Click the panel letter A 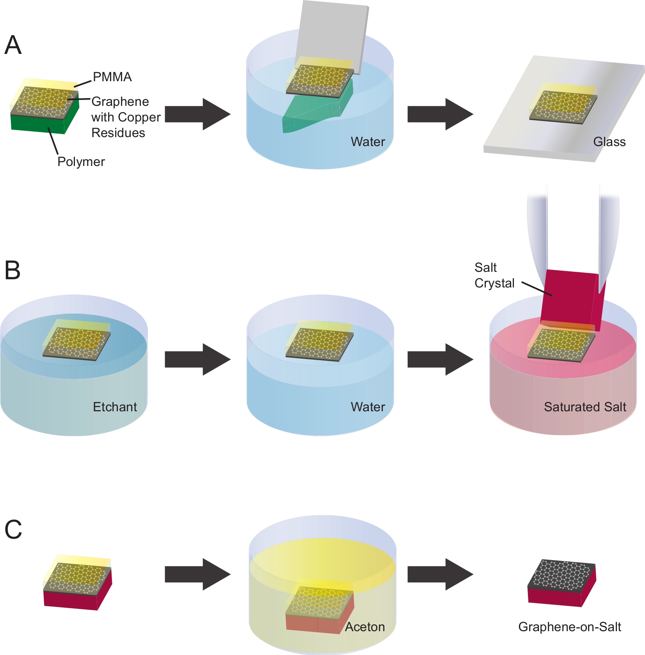pos(13,45)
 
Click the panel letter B pos(12,270)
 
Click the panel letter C pos(13,530)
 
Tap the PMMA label pos(112,77)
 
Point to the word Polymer pos(81,162)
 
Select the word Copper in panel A pos(140,117)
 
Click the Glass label pos(609,142)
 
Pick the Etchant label pos(115,407)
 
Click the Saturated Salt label pos(585,407)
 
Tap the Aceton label pos(365,627)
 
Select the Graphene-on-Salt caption pos(569,627)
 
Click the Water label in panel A pos(368,142)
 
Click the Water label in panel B pos(368,407)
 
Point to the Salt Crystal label pos(494,275)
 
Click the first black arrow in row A pos(197,114)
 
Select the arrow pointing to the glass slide pos(440,114)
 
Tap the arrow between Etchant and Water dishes pos(197,359)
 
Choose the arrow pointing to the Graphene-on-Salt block pos(440,574)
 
